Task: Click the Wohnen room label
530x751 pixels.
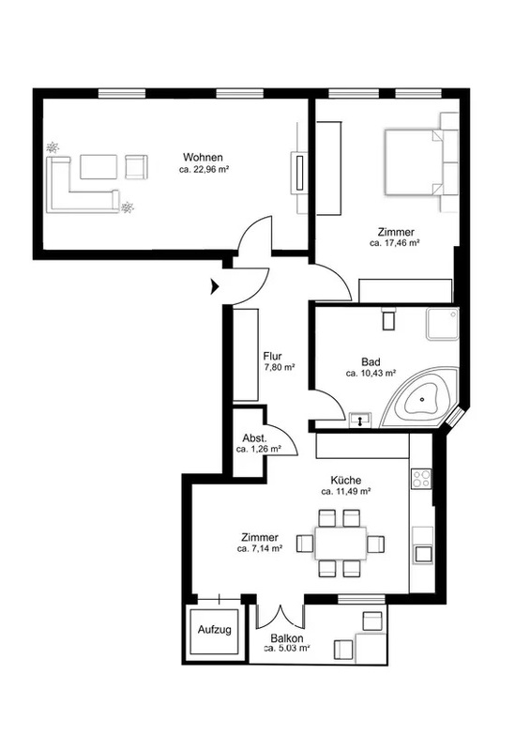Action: (203, 158)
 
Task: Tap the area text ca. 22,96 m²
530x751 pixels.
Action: (204, 169)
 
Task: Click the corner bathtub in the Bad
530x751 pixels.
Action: (420, 398)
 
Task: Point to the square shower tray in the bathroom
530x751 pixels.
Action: (443, 324)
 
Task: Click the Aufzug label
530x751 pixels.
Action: (215, 629)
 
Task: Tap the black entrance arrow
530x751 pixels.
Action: (215, 287)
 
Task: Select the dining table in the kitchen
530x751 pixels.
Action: (341, 544)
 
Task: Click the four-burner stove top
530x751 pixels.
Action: (421, 479)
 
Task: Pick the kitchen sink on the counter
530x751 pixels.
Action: (423, 554)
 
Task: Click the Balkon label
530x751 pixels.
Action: (287, 639)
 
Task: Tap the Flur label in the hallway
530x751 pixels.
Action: (272, 357)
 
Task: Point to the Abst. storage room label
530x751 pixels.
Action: (255, 438)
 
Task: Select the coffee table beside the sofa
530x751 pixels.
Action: (98, 167)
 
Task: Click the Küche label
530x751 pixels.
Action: (346, 481)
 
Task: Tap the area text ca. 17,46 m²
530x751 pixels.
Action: (395, 243)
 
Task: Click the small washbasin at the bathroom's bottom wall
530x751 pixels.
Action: (360, 420)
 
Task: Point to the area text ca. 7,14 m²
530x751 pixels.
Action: (260, 549)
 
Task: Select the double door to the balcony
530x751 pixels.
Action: (280, 616)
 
